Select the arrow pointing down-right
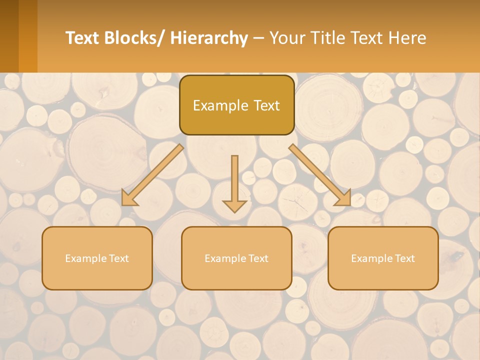(x=320, y=175)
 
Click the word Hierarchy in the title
(x=209, y=38)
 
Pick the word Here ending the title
(x=408, y=38)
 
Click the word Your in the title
(x=287, y=38)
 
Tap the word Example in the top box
(x=220, y=106)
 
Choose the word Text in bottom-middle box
(x=257, y=258)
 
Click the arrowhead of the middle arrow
(x=234, y=205)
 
